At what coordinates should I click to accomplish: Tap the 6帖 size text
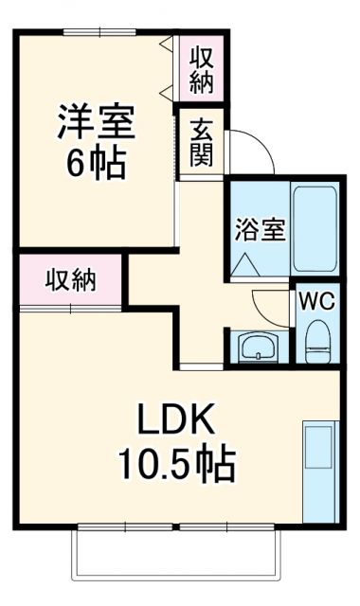(x=97, y=165)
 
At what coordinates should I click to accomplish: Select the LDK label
(x=176, y=419)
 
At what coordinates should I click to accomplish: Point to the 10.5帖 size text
(x=176, y=464)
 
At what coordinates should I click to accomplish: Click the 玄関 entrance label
(x=201, y=141)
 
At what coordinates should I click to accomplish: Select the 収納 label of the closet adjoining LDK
(x=70, y=280)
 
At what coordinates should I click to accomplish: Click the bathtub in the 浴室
(x=315, y=226)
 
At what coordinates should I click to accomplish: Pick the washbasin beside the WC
(x=257, y=348)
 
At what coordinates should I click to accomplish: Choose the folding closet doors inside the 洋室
(x=169, y=66)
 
